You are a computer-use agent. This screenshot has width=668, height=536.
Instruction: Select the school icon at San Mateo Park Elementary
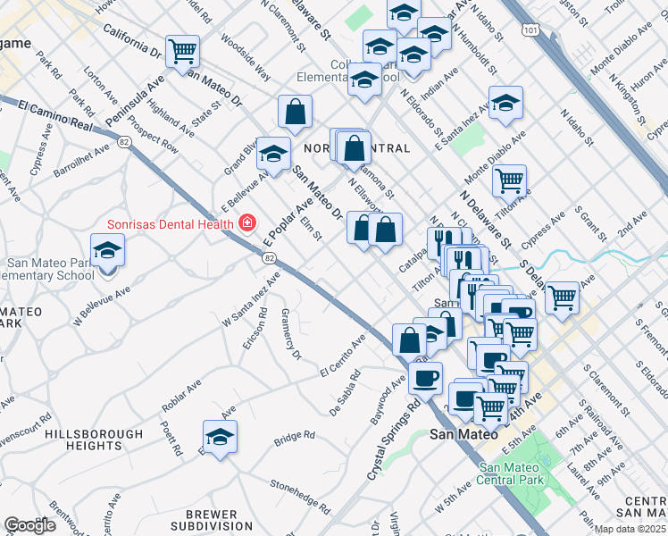(107, 250)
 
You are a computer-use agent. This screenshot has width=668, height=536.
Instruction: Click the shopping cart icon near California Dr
(182, 51)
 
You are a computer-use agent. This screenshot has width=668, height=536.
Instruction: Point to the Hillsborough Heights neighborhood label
(94, 439)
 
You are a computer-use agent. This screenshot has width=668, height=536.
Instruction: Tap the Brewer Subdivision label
(211, 520)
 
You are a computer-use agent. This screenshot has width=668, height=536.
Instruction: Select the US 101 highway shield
(531, 30)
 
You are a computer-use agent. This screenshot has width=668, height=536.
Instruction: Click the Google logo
(29, 525)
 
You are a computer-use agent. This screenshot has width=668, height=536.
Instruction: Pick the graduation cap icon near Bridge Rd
(220, 438)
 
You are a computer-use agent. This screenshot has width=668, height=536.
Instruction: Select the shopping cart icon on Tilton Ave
(508, 181)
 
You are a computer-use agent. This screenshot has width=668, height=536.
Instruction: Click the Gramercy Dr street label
(290, 335)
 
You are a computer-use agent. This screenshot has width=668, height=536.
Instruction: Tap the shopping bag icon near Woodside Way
(295, 113)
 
